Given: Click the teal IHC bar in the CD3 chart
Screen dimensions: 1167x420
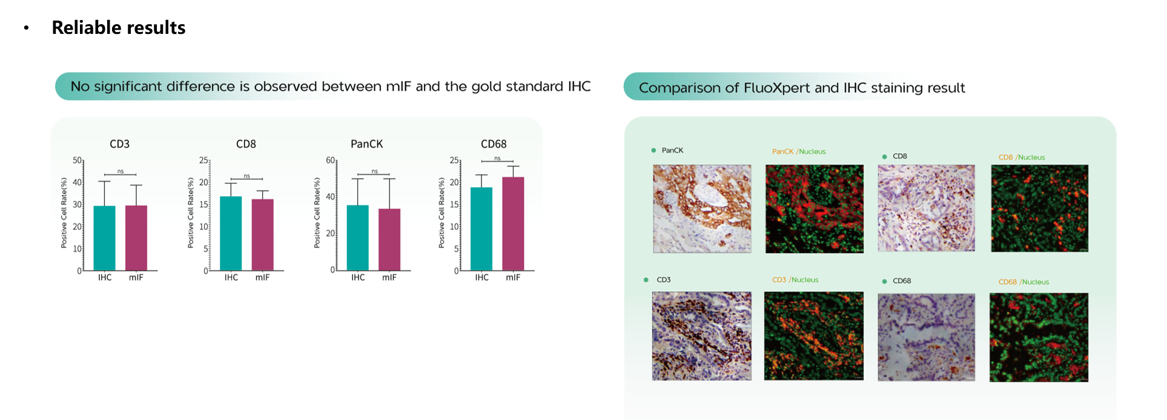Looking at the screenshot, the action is (104, 238).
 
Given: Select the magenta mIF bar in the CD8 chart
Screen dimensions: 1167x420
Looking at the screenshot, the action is (262, 235).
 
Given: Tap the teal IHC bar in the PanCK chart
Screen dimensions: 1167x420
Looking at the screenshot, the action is (357, 238).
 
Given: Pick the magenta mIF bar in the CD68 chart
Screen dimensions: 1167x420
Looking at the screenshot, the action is (513, 224).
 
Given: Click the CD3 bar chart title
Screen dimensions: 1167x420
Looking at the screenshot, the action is (119, 144).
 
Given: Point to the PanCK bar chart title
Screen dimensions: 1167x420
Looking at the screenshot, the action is (366, 144).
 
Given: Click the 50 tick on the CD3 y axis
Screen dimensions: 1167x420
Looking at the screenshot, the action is (77, 160).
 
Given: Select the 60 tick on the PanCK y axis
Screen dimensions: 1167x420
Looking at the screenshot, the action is (330, 160).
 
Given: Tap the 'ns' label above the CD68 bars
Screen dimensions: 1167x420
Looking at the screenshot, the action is (497, 158).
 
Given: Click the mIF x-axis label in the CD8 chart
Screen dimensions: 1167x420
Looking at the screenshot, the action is (262, 277).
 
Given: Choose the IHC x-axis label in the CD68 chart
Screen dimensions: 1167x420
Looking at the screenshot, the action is (481, 277).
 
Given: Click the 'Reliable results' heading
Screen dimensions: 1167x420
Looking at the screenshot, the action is (119, 27).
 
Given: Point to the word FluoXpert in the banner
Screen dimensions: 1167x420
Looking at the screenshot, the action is (777, 88).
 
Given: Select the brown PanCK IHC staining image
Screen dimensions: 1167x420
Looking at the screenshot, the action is (702, 209).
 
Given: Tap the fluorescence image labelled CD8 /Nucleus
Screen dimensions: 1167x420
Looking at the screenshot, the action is (1039, 208).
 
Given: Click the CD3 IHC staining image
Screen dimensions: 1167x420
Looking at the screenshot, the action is (701, 336).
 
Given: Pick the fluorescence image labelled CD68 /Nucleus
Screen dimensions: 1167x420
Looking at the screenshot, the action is (1039, 337).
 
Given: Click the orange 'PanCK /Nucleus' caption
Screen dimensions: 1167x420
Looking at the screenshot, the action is (798, 151).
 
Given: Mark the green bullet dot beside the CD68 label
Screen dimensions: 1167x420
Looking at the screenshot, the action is (884, 281).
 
